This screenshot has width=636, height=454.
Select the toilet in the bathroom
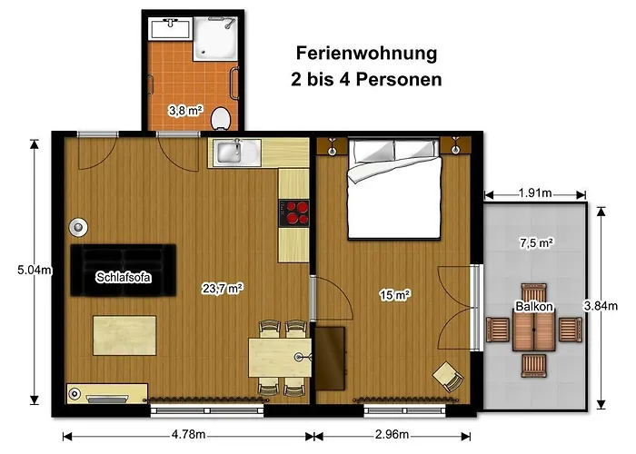point(220,117)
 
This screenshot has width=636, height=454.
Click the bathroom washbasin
point(170,30)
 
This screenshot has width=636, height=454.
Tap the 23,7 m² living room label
point(223,288)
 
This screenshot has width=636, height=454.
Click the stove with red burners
point(293,212)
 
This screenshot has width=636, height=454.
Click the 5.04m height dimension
point(19,269)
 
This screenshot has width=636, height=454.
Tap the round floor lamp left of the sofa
point(81,227)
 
